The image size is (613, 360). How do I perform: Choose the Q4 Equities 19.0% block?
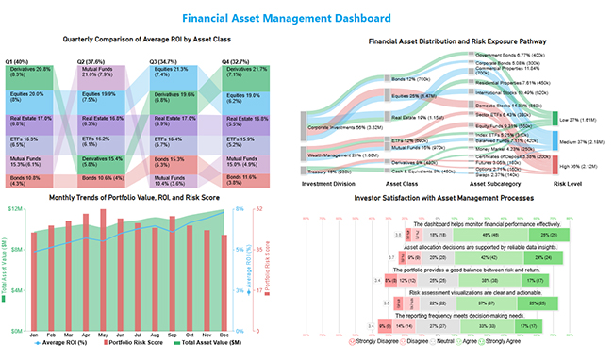[x=242, y=98]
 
